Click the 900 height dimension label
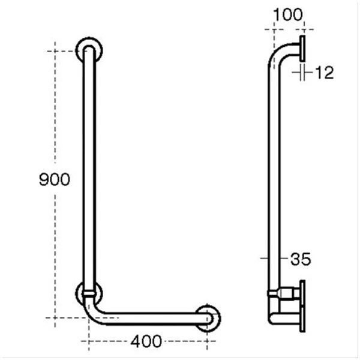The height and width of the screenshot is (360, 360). (55, 179)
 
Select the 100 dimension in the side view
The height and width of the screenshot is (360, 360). (287, 13)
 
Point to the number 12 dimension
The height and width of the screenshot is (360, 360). (323, 73)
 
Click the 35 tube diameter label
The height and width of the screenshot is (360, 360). (299, 259)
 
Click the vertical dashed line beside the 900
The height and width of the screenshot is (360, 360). (55, 108)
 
